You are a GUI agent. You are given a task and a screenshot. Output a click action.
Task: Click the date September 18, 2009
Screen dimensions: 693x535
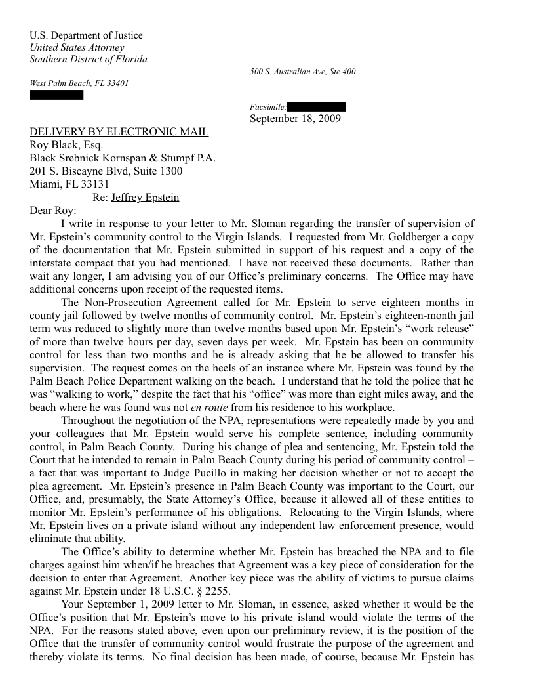pyautogui.click(x=295, y=119)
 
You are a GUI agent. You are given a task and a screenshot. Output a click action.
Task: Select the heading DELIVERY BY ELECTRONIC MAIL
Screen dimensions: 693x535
pyautogui.click(x=119, y=132)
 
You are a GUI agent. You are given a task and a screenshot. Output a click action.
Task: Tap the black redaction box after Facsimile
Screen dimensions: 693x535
pyautogui.click(x=317, y=106)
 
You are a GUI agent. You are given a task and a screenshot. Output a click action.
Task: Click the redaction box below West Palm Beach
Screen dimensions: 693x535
pyautogui.click(x=57, y=95)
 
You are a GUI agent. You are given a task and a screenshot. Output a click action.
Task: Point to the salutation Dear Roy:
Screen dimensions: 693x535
pyautogui.click(x=53, y=211)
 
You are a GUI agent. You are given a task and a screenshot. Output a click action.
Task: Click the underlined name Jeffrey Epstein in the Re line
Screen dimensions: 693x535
pyautogui.click(x=145, y=198)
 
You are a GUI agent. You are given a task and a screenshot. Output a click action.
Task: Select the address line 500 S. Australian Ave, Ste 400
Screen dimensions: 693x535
pyautogui.click(x=303, y=72)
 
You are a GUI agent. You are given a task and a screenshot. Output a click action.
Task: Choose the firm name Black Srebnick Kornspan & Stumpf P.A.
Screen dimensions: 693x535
pyautogui.click(x=123, y=158)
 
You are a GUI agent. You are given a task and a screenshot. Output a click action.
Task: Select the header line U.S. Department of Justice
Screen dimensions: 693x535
pyautogui.click(x=86, y=35)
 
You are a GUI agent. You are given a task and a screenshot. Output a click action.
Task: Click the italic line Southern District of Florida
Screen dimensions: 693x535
pyautogui.click(x=89, y=59)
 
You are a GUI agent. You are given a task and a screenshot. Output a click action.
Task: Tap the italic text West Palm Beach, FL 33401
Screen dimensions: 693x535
pyautogui.click(x=79, y=84)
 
